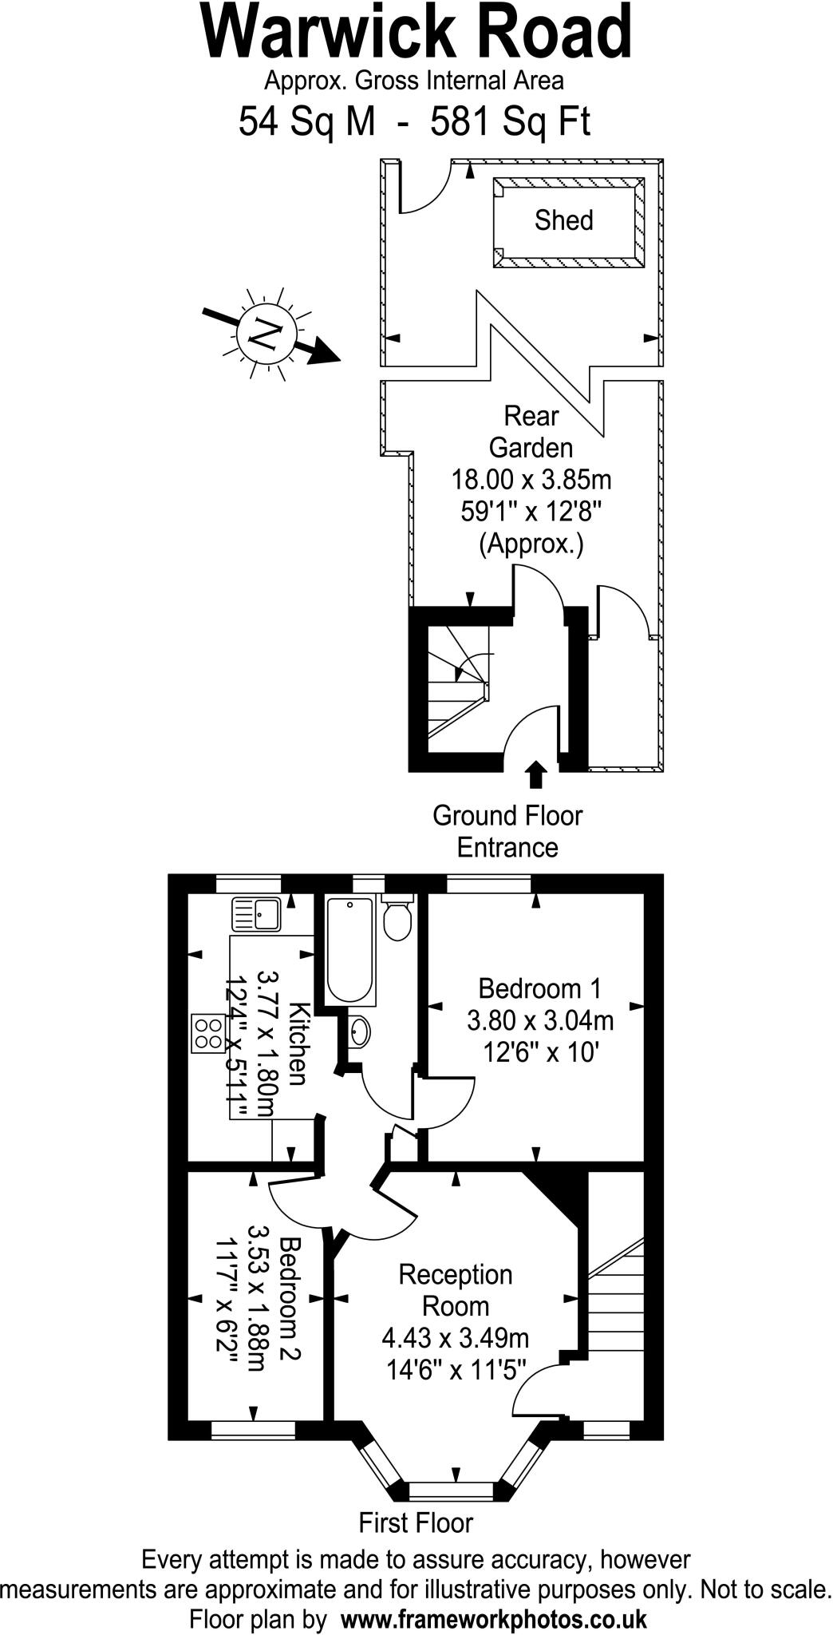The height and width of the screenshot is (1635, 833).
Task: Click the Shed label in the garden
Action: point(563,220)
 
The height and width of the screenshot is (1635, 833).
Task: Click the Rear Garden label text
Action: point(531,432)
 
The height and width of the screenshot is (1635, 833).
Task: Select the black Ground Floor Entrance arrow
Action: point(535,774)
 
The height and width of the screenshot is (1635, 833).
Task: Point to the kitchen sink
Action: point(255,914)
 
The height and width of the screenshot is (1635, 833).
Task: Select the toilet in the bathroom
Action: point(397,918)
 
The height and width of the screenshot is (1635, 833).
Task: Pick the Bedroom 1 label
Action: point(539,988)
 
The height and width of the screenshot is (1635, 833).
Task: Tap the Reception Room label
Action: point(456,1290)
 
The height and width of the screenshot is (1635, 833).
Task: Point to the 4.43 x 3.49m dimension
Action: point(456,1337)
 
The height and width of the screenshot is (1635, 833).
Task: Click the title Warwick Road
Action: point(416,34)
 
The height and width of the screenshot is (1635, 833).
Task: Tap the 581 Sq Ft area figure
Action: point(511,123)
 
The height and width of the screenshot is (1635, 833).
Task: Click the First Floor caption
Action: point(416,1522)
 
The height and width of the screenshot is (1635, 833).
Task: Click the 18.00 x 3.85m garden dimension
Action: point(531,481)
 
